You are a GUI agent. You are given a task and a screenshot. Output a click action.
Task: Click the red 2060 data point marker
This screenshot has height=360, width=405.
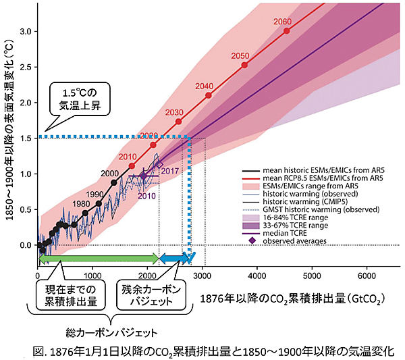point(287,31)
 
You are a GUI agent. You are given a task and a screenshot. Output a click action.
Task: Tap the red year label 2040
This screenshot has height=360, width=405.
point(204,86)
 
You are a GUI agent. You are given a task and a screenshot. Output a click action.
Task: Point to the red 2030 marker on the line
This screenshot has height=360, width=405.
point(178,122)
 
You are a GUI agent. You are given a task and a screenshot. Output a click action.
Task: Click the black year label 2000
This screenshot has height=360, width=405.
point(109,174)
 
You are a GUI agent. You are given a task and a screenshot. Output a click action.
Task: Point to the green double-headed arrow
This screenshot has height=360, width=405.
point(99,258)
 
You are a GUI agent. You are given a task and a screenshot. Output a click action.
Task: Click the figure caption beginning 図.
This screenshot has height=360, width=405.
point(202,351)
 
